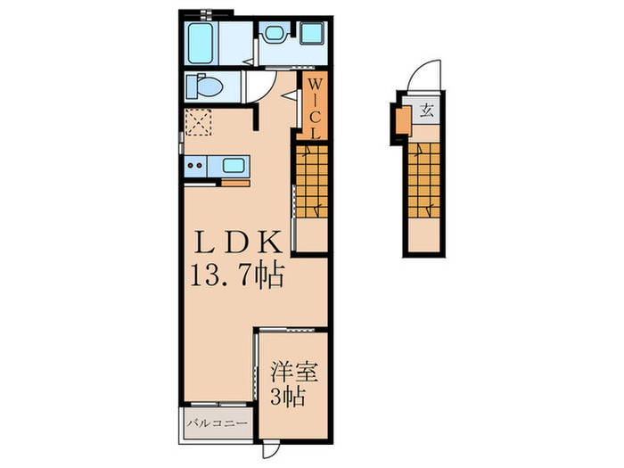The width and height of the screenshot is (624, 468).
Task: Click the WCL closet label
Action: [x=315, y=107]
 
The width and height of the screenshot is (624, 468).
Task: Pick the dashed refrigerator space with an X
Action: [x=198, y=121]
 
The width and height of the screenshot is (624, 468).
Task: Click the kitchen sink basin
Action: [x=234, y=166]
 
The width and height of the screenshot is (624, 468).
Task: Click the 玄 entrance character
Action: [x=428, y=112]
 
